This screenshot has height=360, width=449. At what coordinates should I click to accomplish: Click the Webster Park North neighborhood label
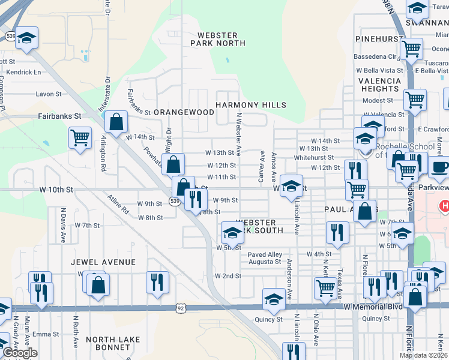click(x=218, y=39)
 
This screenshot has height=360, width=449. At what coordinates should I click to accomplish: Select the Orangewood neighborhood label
click(x=184, y=112)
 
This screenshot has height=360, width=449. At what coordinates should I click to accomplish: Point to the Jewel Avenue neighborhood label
click(x=103, y=262)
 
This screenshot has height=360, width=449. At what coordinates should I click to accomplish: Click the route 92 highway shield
click(x=181, y=308)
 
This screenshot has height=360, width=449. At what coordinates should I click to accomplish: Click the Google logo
click(x=20, y=353)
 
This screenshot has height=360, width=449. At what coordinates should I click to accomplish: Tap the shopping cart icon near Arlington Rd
click(x=80, y=137)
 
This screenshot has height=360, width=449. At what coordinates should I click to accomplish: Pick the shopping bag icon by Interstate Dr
click(x=116, y=122)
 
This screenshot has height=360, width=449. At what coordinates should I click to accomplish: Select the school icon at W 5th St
click(x=232, y=232)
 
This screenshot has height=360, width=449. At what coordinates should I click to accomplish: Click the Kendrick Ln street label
click(x=20, y=72)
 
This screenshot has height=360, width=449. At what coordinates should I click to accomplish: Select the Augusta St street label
click(x=265, y=262)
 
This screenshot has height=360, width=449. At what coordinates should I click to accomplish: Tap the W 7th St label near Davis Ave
click(x=87, y=225)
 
